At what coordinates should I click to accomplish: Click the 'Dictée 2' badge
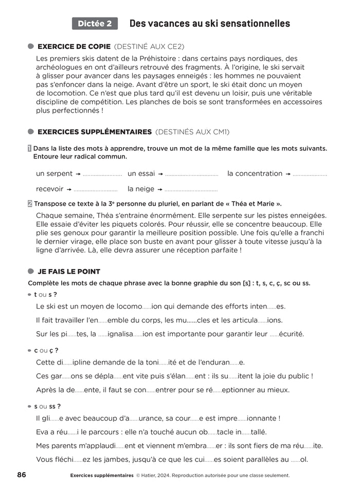pos(95,24)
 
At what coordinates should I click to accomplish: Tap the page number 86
pos(22,474)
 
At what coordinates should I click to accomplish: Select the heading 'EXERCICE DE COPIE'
pos(74,46)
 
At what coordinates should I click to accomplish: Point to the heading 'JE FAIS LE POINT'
pos(69,272)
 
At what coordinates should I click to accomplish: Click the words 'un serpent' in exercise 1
pos(54,174)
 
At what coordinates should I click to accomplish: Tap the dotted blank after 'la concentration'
pos(310,174)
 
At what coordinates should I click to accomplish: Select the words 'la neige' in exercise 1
pos(141,189)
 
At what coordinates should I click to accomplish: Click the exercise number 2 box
pos(30,203)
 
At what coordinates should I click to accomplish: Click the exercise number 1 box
pos(30,149)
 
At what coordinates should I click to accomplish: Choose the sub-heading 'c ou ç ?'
pos(46,350)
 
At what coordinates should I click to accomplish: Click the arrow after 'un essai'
pos(160,174)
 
